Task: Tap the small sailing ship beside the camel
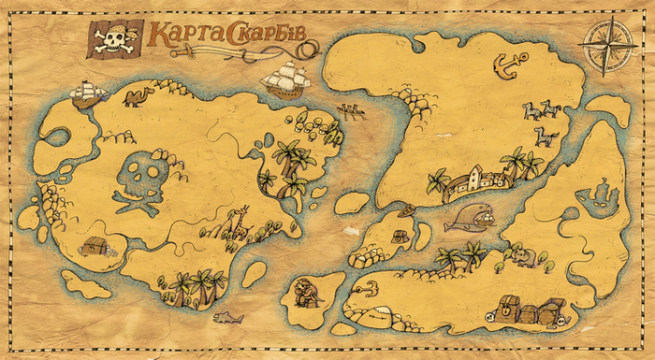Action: [86, 92]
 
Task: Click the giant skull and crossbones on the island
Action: [141, 181]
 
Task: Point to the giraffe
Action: [237, 222]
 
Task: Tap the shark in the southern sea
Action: [227, 318]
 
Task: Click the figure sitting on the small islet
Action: [306, 294]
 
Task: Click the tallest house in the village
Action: [477, 176]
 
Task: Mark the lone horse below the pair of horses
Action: [546, 137]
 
